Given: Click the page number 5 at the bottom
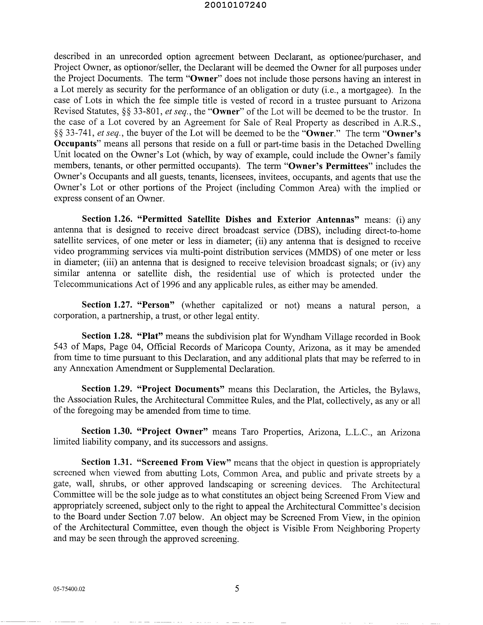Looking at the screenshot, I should (x=237, y=589).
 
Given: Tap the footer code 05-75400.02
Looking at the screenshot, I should (x=69, y=589).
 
